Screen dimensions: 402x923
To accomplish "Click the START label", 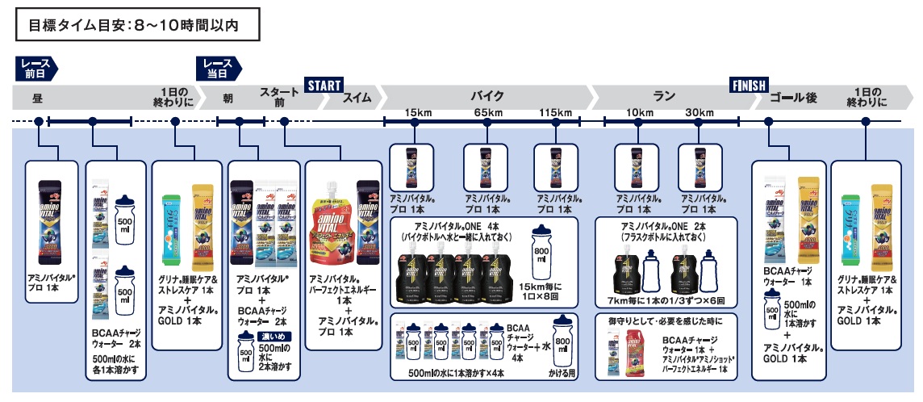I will coord(324,85).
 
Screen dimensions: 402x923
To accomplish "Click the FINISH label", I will coord(749,85).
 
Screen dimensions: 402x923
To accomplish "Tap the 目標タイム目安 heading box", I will coord(138,25).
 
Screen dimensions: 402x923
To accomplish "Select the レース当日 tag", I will coord(217,67).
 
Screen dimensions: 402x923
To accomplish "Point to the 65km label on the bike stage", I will coord(487,111).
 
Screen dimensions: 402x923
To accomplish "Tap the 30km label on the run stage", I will coord(700,111).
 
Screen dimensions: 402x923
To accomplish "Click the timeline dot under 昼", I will coord(38,122).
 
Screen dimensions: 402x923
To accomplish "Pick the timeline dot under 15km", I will coord(415,122).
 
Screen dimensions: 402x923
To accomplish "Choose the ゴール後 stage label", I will coord(794,98).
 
